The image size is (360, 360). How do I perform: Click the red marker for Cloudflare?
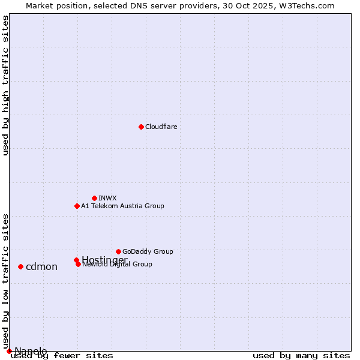141,127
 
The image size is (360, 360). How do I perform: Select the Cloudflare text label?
161,127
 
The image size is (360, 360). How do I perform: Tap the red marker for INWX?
94,198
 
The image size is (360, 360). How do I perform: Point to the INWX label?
107,198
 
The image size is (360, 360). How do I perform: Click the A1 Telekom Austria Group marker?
77,206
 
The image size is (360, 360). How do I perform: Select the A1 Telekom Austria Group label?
122,206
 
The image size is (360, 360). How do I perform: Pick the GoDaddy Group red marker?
118,251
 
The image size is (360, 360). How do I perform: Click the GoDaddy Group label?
148,251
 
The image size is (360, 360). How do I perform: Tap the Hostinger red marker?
76,260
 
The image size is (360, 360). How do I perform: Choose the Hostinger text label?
104,259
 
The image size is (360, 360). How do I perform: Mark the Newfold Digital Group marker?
78,264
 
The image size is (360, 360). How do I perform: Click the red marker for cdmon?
20,266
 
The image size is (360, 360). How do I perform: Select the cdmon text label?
41,266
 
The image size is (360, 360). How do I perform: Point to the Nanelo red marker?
9,351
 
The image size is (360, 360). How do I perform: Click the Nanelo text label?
31,351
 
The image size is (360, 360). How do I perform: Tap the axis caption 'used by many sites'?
301,356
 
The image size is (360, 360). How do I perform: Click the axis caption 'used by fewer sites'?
62,356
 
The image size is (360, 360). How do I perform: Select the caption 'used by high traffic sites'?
5,85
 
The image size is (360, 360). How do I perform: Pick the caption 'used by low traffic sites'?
5,276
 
